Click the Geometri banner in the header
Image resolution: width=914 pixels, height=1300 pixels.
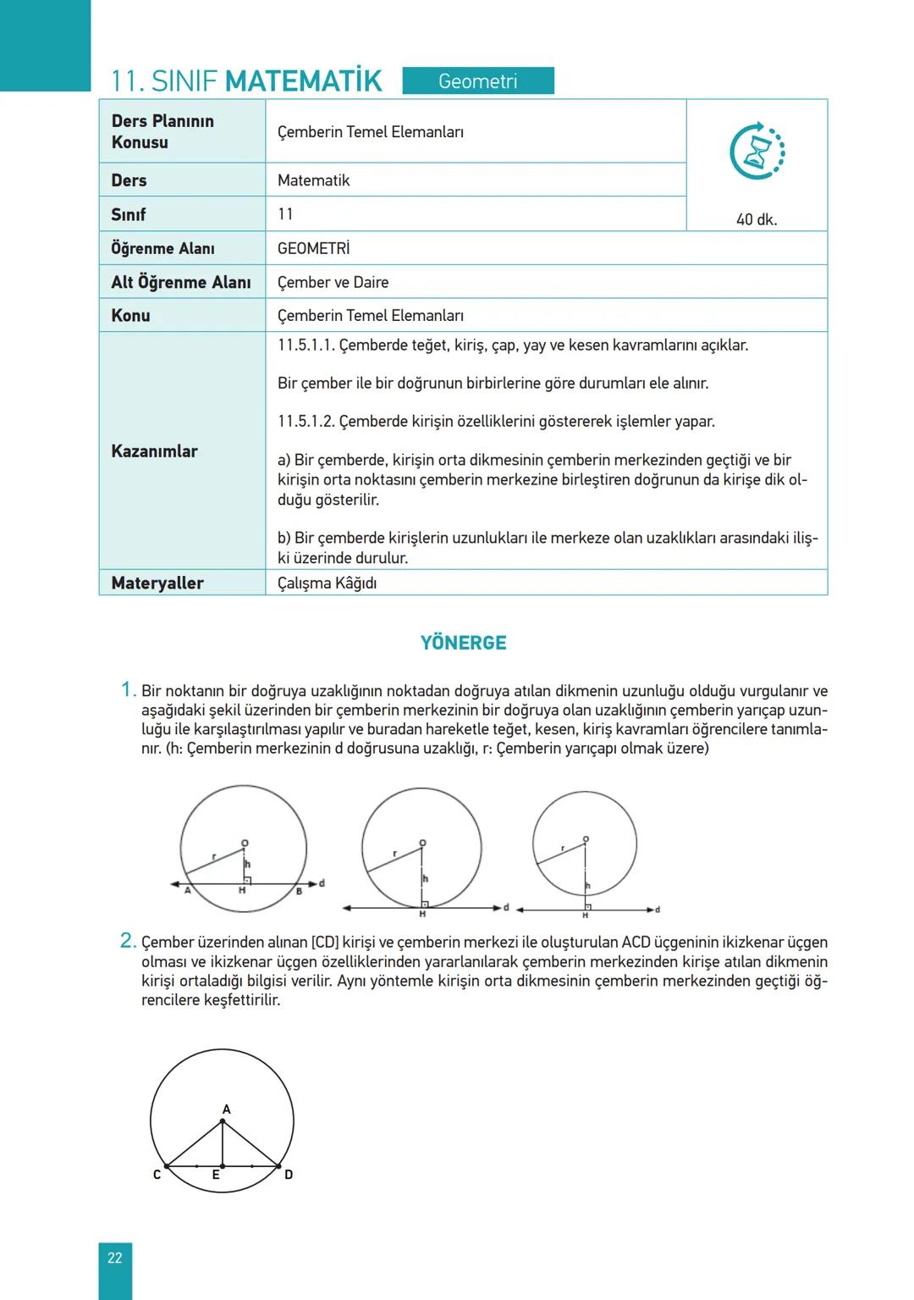pos(478,81)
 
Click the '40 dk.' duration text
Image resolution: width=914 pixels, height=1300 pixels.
pos(757,219)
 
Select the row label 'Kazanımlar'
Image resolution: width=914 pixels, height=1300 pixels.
pos(154,451)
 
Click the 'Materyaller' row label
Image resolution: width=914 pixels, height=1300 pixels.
pos(157,583)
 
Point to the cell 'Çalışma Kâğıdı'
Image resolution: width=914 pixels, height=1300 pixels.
pos(327,583)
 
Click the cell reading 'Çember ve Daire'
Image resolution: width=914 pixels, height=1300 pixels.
pos(333,282)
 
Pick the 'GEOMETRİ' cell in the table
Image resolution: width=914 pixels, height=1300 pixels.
pos(313,248)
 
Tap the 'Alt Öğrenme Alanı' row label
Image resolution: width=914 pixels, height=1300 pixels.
pos(181,282)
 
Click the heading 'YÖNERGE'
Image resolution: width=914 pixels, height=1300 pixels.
pos(464,643)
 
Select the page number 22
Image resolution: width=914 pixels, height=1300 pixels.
pos(115,1258)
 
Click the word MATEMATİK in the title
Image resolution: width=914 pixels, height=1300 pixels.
pos(304,81)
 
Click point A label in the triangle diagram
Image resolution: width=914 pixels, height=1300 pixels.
pos(226,1109)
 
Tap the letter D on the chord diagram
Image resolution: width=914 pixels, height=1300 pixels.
pos(289,1175)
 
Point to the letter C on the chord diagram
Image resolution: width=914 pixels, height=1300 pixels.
pos(157,1175)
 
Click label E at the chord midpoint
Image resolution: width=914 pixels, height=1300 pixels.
pos(216,1175)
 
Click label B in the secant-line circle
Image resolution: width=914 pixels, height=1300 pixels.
pos(299,891)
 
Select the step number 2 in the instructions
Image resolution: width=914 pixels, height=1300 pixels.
pos(128,940)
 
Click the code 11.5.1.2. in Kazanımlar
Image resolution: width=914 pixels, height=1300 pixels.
pos(306,421)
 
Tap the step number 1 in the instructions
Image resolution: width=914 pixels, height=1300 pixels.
pos(128,689)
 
